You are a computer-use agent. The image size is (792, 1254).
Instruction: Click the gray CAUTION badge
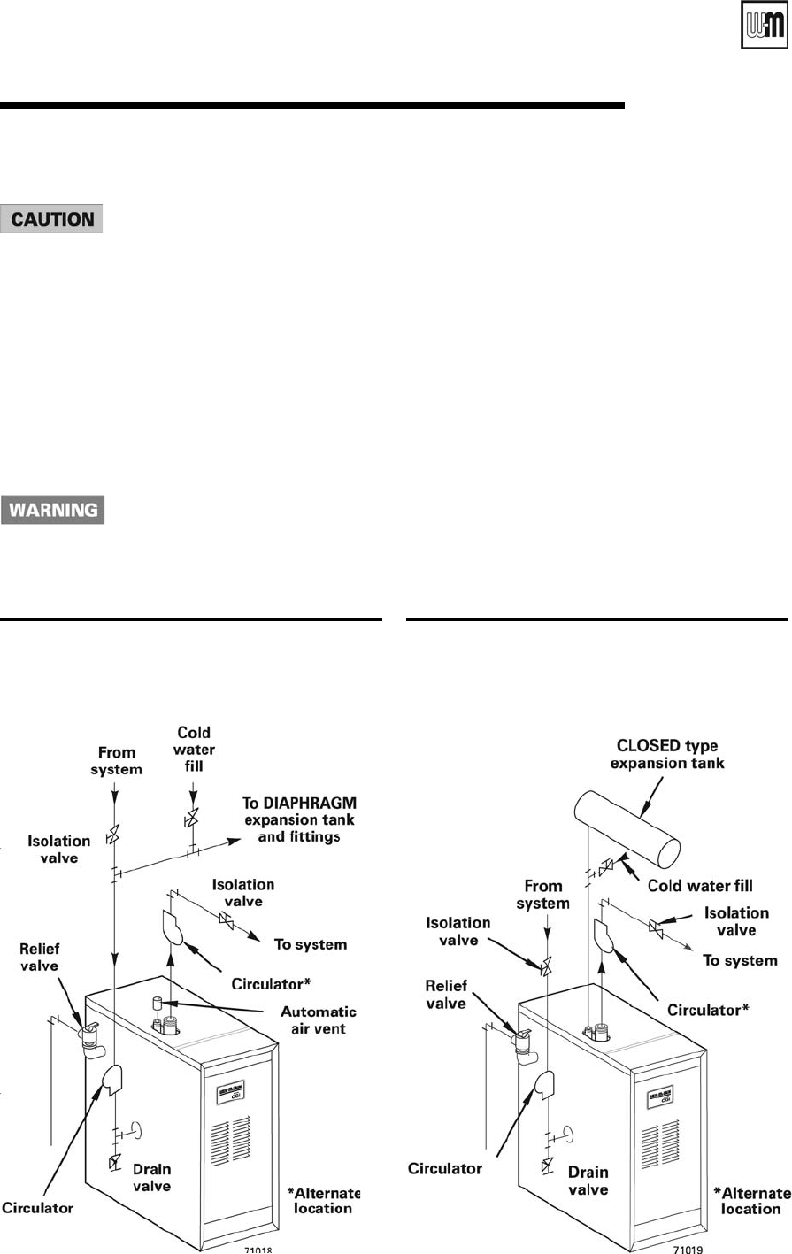[x=52, y=219]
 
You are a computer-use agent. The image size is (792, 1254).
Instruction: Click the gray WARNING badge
[x=53, y=510]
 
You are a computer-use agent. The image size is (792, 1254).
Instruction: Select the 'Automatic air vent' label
[x=319, y=1019]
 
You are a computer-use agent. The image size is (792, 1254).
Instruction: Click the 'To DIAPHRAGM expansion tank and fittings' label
[x=299, y=819]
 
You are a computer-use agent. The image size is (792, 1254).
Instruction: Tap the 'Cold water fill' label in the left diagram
[x=194, y=749]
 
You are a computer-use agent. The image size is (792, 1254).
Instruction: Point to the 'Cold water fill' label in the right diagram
[x=700, y=885]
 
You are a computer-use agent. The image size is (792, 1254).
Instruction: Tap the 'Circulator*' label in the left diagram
[x=271, y=983]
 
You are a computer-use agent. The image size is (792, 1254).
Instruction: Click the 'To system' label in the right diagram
[x=740, y=960]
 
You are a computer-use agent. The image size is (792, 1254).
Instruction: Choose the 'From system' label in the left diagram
[x=117, y=760]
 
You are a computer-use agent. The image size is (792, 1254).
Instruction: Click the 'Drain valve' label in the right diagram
[x=588, y=1181]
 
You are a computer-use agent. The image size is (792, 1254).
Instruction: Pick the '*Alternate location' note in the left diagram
[x=324, y=1200]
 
